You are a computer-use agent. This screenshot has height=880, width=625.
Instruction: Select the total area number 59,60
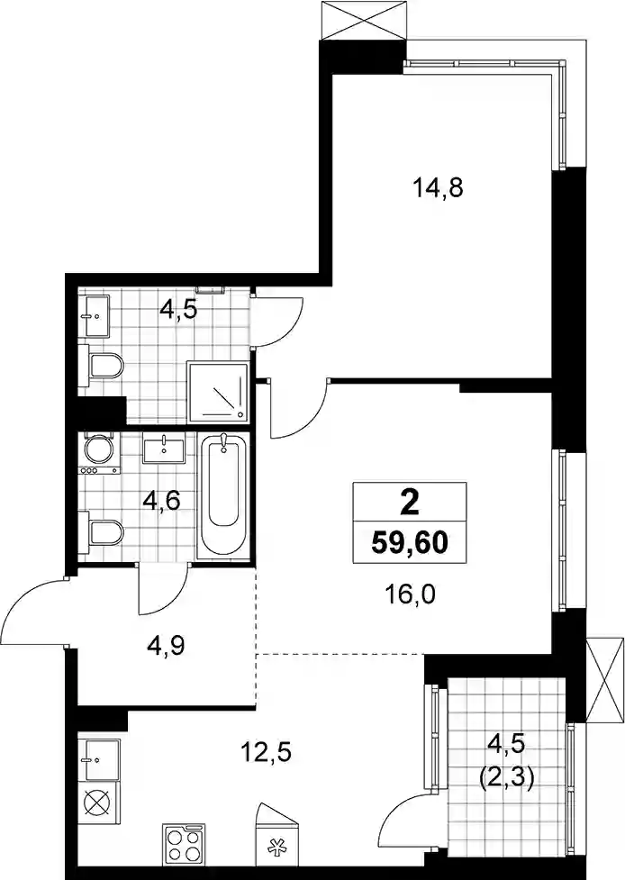click(x=410, y=544)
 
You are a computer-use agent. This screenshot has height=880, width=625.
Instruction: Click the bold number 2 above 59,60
click(x=410, y=503)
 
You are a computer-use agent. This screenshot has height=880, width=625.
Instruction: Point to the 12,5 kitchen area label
click(x=267, y=750)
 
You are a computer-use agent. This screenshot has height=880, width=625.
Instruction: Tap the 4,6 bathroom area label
click(x=161, y=500)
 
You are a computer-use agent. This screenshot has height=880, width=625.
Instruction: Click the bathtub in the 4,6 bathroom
click(x=224, y=494)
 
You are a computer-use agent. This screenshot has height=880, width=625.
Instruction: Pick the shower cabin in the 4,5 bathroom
click(x=217, y=391)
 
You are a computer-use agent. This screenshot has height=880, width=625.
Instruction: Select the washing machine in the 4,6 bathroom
click(x=102, y=453)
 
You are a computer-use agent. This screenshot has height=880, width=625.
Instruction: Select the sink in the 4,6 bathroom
click(x=164, y=448)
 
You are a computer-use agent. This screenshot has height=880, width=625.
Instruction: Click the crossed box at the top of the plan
click(x=364, y=20)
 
